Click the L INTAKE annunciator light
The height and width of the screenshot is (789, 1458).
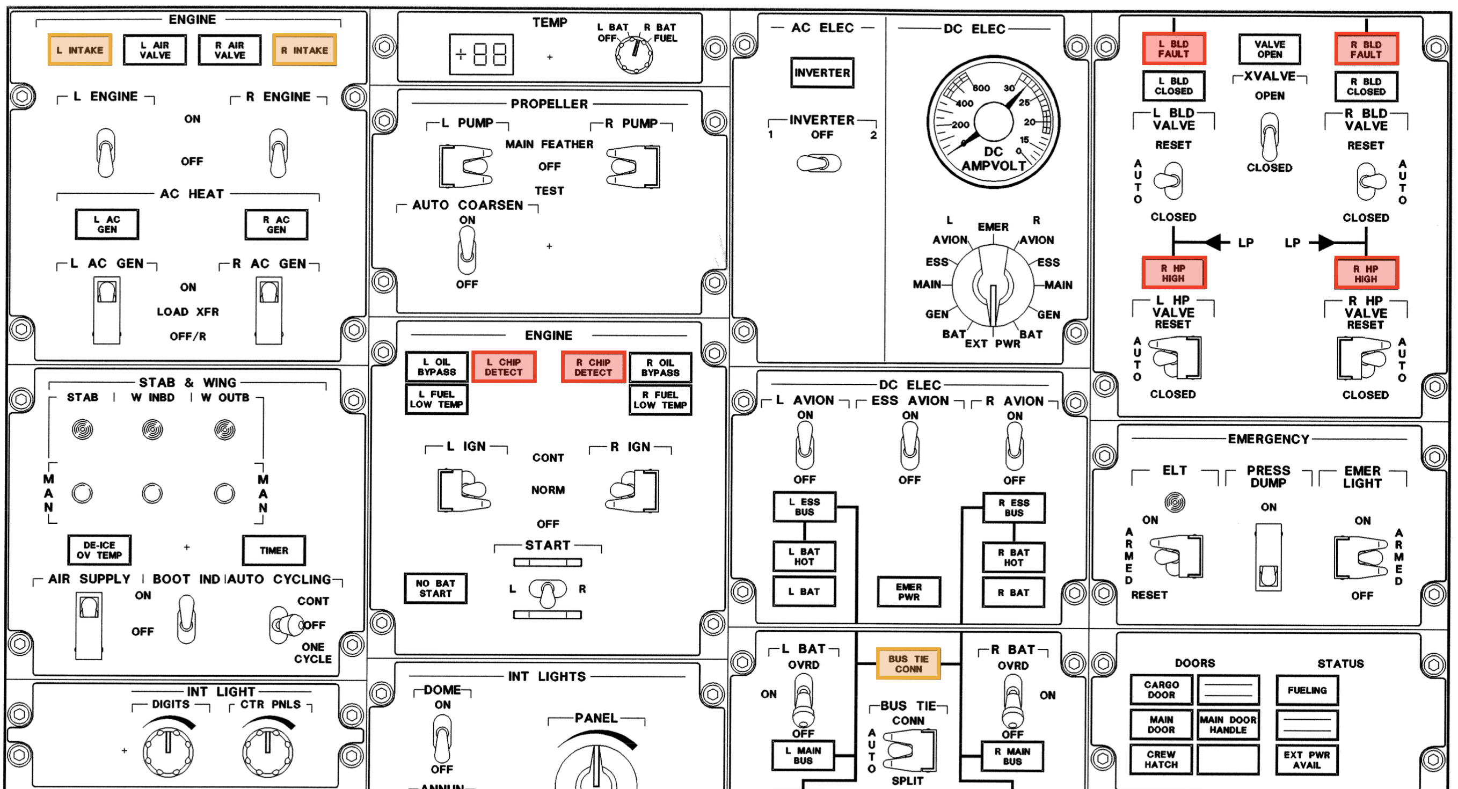pos(80,50)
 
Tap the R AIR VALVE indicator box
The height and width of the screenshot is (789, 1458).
pos(230,50)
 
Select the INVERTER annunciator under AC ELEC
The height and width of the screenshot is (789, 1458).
pos(822,72)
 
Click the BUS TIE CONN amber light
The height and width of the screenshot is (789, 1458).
pos(908,663)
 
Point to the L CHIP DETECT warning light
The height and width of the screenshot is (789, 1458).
pos(504,367)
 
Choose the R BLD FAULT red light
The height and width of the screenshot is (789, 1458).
pos(1366,49)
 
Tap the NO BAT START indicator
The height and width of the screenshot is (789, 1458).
pos(436,588)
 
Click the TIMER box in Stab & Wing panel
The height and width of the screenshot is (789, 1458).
pos(274,550)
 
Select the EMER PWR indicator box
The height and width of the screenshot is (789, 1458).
pos(909,591)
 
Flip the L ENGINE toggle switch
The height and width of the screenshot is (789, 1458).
pos(106,152)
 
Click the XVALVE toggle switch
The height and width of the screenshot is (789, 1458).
pos(1270,137)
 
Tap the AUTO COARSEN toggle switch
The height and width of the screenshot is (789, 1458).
pos(467,250)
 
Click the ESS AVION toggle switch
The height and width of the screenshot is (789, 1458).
pos(909,447)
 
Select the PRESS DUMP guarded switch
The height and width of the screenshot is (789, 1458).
pos(1269,557)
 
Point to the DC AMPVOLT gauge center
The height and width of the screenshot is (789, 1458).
pos(993,122)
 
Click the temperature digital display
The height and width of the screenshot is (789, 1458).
pos(482,54)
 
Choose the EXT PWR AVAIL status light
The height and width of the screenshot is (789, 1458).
pos(1307,759)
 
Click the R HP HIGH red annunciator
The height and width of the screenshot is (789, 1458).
pos(1366,273)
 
